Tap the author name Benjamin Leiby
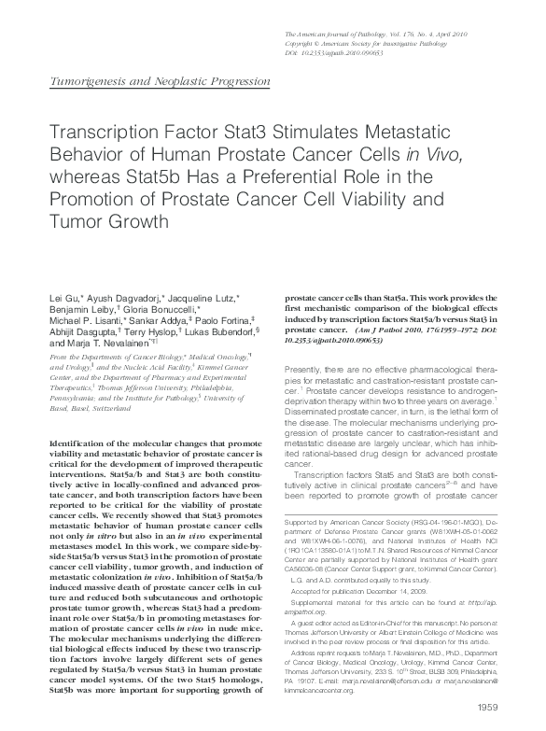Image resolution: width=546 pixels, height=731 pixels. tap(78, 309)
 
